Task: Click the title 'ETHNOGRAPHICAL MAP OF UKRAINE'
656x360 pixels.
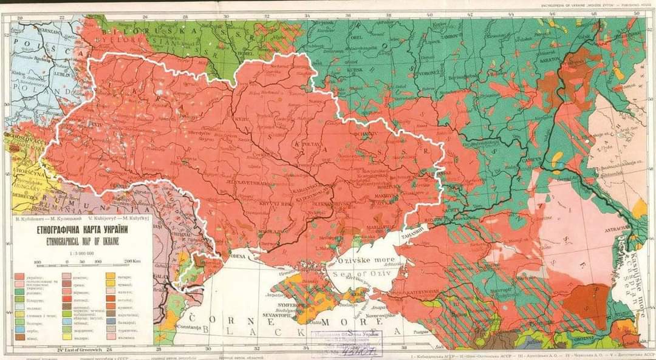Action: point(80,241)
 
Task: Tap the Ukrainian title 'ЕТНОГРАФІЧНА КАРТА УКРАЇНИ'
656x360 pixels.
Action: point(80,231)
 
